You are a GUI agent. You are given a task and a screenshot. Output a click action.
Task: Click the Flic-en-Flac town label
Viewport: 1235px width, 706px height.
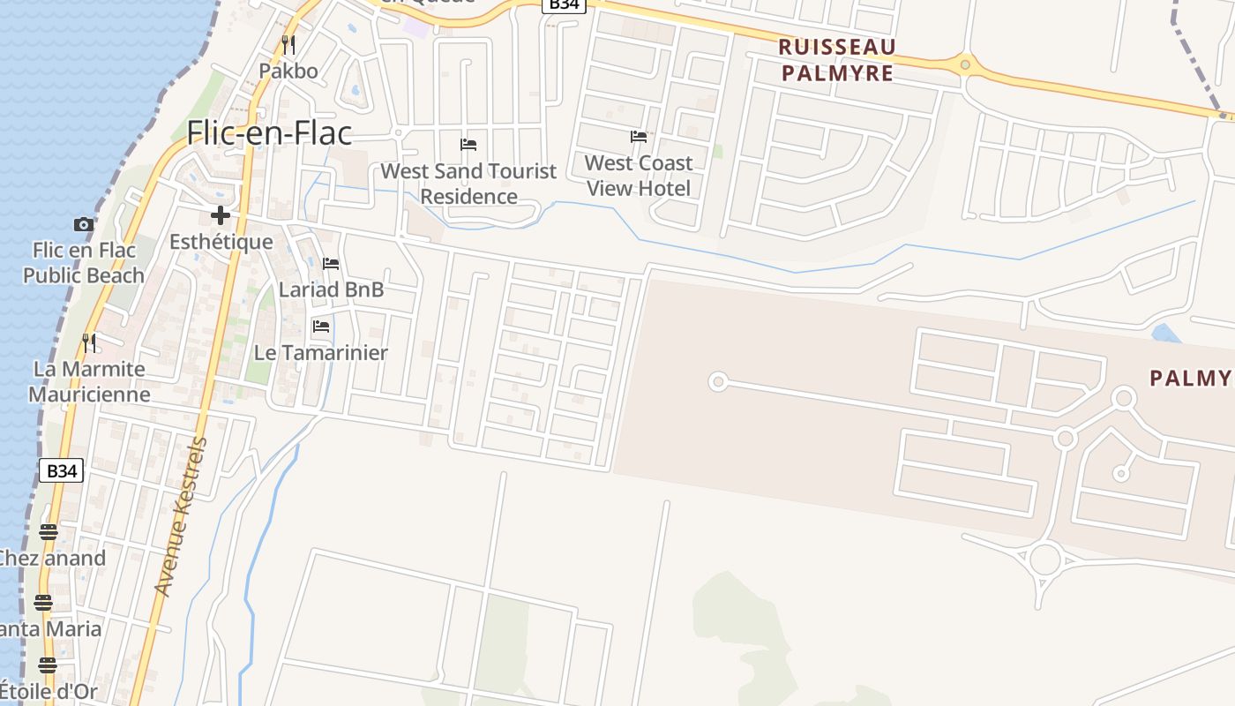(x=269, y=132)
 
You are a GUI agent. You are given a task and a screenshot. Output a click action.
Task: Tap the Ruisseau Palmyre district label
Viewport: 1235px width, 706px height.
(x=837, y=60)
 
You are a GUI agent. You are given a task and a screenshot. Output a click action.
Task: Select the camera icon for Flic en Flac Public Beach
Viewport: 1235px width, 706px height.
(x=84, y=224)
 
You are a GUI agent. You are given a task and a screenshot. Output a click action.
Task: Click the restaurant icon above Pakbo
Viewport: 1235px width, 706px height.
(x=288, y=44)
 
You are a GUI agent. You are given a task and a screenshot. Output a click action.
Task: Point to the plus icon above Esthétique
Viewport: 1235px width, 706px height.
(x=221, y=215)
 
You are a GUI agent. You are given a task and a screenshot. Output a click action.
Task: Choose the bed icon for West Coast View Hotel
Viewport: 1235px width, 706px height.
(x=639, y=137)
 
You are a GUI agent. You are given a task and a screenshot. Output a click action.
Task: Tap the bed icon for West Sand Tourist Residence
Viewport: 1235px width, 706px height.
(x=468, y=144)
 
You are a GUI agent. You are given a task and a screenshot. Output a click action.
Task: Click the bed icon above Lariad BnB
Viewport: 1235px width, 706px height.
(x=331, y=263)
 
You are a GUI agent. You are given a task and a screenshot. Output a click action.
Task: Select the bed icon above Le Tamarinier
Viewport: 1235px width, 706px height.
(x=321, y=327)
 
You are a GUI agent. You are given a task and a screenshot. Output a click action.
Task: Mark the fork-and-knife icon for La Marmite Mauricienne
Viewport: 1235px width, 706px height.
(x=88, y=342)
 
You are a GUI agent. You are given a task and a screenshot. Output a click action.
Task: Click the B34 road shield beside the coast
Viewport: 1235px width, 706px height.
(x=62, y=470)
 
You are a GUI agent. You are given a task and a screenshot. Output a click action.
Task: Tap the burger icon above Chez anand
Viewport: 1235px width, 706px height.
(x=49, y=531)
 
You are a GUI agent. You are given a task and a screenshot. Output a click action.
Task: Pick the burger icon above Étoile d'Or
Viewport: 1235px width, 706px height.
(x=48, y=665)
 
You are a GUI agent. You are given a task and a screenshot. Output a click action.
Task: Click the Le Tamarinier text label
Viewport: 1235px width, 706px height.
(x=321, y=353)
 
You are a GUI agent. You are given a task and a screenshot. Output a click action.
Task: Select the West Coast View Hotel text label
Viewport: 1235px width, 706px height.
(x=639, y=176)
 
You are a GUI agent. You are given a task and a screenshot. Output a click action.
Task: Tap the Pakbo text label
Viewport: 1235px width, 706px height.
(x=288, y=71)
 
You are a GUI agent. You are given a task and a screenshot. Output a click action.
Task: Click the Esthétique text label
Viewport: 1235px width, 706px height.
(x=221, y=242)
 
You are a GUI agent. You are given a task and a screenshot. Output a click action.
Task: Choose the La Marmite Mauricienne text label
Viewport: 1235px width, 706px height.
(x=88, y=381)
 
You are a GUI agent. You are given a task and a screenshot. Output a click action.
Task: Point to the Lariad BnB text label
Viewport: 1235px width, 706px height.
(x=331, y=289)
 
